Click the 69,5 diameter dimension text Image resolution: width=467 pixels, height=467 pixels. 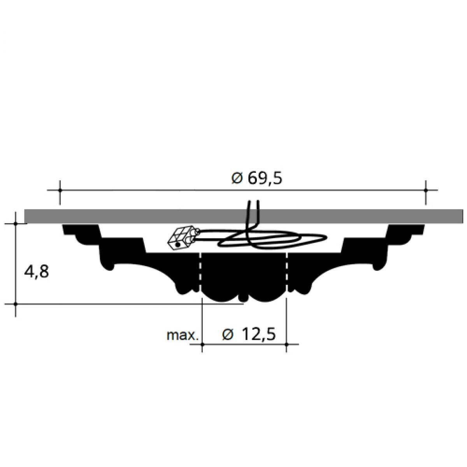[x=265, y=179]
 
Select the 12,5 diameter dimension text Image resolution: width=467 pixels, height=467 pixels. [x=259, y=334]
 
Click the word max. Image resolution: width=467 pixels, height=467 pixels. [x=182, y=335]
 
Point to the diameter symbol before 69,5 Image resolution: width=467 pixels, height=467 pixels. [x=237, y=179]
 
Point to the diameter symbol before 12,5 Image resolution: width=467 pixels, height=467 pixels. [x=228, y=335]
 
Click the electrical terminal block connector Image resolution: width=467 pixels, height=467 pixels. [x=183, y=238]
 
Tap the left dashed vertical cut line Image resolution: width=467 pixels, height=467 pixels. [x=200, y=272]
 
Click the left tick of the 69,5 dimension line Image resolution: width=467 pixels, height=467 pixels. [x=60, y=190]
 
